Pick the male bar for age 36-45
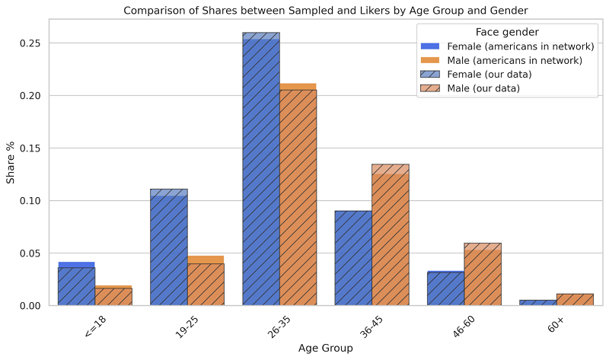point(390,236)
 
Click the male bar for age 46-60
point(483,275)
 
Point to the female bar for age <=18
point(76,285)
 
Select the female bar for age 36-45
point(353,259)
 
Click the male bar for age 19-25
point(206,283)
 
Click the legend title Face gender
point(507,31)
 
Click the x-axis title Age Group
point(326,349)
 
